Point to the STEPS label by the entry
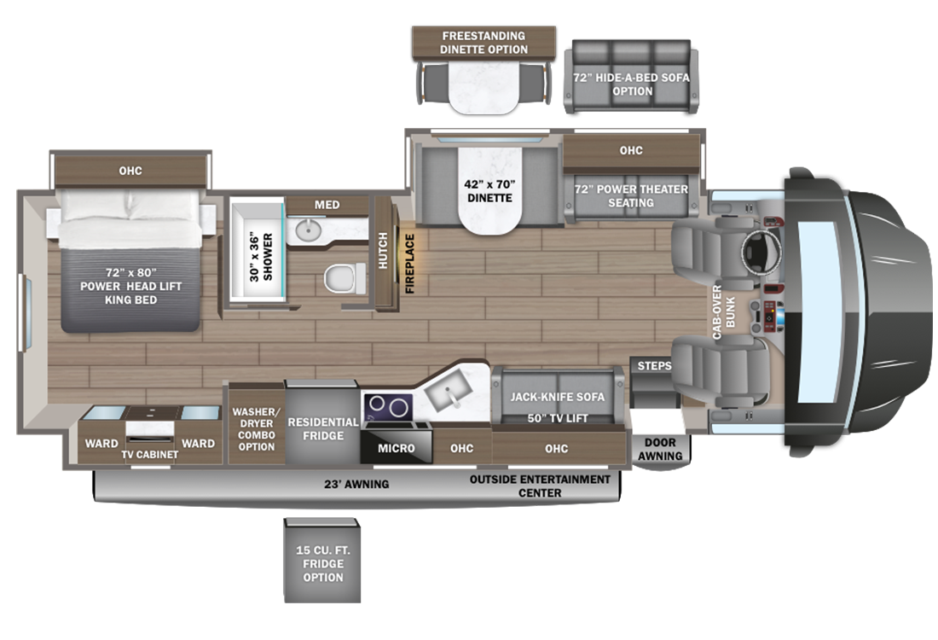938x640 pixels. tap(654, 366)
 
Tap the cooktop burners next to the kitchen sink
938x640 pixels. tap(387, 408)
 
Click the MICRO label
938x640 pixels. tap(397, 448)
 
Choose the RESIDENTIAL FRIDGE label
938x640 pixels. tap(322, 428)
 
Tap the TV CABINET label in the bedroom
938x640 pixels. tap(149, 455)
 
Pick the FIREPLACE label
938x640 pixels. tap(410, 264)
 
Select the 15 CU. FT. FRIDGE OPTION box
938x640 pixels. tap(321, 564)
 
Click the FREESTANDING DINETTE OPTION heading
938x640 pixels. tap(483, 43)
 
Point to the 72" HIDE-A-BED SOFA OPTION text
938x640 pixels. tap(632, 84)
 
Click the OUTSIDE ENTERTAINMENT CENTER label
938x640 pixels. tap(540, 486)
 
